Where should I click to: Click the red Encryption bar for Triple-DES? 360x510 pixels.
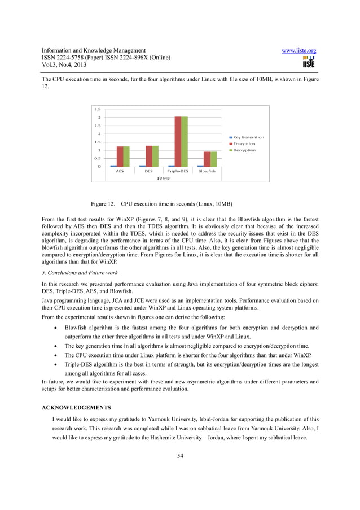177,141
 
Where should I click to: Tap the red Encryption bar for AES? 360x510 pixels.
120,156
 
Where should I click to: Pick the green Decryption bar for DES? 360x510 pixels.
155,156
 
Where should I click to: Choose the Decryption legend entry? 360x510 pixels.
242,150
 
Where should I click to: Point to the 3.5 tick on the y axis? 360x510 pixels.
97,109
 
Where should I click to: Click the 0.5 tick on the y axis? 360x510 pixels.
97,158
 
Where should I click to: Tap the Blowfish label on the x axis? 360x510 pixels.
207,171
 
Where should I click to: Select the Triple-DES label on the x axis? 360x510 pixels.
178,171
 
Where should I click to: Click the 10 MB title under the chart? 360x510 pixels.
163,178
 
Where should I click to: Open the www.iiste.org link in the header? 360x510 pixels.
298,51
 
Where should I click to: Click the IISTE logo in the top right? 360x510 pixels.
308,61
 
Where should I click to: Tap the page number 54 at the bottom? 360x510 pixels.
179,456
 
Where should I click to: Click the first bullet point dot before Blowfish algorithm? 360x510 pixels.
54,328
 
